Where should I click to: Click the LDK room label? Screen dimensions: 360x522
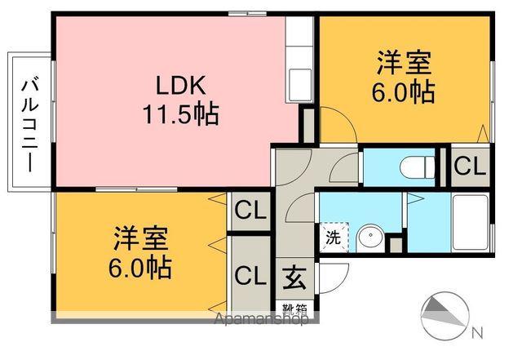tap(183, 84)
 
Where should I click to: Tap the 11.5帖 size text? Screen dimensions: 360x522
tap(183, 114)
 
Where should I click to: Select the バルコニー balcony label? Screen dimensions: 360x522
tap(31, 122)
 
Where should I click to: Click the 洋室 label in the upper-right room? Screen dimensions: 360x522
tap(404, 64)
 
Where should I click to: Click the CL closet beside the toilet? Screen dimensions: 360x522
tap(469, 167)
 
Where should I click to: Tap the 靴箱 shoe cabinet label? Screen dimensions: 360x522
tap(295, 309)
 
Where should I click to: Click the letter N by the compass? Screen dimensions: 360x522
tap(476, 332)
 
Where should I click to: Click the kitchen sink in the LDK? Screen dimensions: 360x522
tap(299, 82)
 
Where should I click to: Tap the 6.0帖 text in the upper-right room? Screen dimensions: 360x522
tap(404, 92)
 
